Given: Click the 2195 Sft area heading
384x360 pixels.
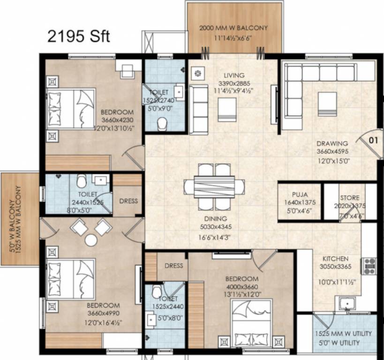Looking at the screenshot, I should (79, 36).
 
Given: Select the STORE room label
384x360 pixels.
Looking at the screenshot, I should (350, 198).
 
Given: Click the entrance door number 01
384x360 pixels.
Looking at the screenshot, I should (373, 139).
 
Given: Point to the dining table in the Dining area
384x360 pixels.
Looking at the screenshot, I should (214, 187).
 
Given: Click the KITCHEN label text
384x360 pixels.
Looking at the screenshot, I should (335, 259).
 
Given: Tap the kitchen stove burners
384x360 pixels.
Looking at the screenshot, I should (368, 266).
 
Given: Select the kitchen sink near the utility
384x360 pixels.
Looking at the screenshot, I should (346, 303).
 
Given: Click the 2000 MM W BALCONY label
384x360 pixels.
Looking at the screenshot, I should (233, 28).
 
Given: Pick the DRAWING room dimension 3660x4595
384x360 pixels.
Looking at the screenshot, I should (331, 152).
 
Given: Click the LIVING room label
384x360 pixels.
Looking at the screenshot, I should (233, 75).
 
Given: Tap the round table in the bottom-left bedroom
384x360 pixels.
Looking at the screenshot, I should (91, 240).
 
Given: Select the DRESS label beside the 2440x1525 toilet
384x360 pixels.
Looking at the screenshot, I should (128, 201).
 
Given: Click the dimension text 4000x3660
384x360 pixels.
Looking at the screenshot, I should (242, 287).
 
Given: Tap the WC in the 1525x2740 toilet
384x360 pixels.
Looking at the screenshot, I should (162, 123).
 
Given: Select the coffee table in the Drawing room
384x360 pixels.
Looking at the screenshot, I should (327, 103).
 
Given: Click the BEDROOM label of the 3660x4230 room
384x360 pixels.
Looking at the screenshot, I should (117, 112).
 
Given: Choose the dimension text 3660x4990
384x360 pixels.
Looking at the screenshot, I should (103, 314).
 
